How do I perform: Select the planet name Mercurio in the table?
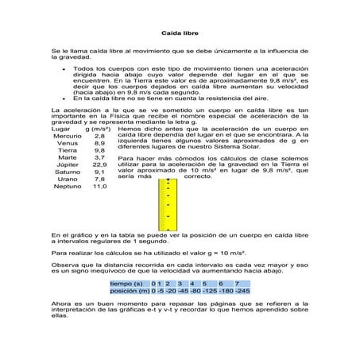point(67,137)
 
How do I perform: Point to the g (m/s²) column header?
point(97,128)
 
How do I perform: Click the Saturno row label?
point(67,172)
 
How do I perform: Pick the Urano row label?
point(67,180)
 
